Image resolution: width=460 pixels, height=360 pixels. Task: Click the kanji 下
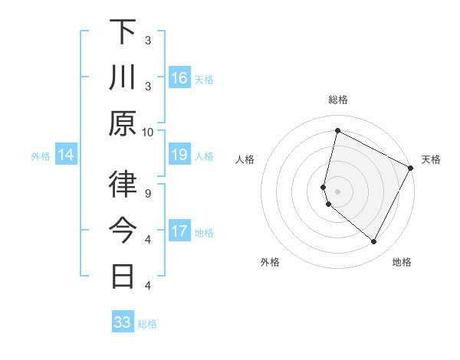point(123,32)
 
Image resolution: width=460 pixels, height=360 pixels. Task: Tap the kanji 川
point(123,77)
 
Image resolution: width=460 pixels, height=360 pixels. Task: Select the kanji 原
point(123,123)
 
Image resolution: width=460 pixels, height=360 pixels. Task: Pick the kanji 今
point(123,229)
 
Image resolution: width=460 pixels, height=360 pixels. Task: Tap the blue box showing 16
point(179,77)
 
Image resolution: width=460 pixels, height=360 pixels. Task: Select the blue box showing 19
point(179,155)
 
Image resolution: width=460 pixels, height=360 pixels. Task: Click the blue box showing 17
point(179,231)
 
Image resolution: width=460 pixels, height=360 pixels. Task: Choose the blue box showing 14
point(66,155)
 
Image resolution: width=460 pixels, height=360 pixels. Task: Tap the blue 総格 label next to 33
point(147,324)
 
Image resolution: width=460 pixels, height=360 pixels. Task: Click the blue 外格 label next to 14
point(41,156)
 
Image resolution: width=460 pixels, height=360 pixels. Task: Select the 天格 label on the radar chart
point(431,159)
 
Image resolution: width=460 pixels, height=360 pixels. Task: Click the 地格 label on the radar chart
point(402,262)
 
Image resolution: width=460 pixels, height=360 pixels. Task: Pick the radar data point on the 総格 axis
point(337,131)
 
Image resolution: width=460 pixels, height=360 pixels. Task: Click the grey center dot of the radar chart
point(337,191)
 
